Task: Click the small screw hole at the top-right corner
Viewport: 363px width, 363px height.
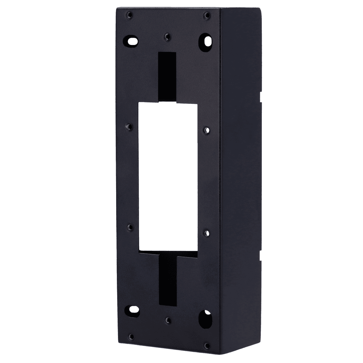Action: [x=207, y=15]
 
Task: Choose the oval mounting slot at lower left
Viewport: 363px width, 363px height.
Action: [x=132, y=310]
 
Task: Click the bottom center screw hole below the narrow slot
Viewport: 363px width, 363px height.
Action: [x=167, y=320]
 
